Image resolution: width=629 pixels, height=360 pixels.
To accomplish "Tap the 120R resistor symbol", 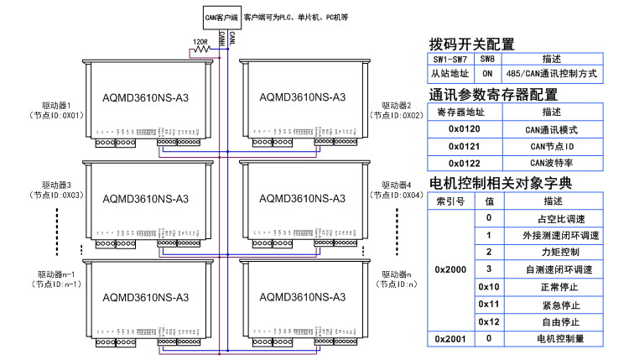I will (x=202, y=50).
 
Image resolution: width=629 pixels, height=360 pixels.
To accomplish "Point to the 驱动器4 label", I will (x=397, y=185).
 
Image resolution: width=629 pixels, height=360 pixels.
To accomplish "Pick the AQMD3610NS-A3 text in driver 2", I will (x=300, y=97).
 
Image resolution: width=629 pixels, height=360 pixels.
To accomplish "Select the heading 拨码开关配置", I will (x=471, y=44).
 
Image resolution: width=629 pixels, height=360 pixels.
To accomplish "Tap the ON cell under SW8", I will (x=487, y=74).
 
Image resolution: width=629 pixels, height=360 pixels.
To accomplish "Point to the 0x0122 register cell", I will (x=465, y=162).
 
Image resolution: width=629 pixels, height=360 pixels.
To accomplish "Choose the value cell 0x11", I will (x=489, y=305).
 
